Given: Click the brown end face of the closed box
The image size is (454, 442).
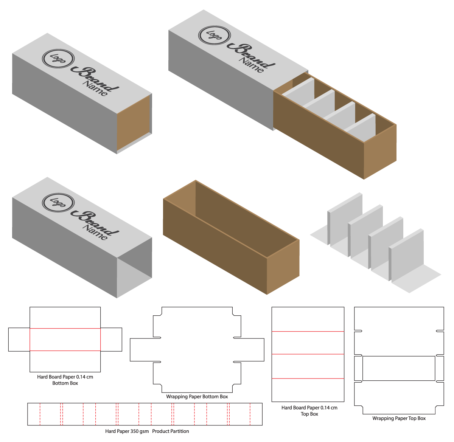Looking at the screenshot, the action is (133, 123).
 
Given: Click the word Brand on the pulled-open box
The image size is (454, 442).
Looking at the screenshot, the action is (251, 55).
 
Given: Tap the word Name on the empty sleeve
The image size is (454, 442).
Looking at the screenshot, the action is (95, 233).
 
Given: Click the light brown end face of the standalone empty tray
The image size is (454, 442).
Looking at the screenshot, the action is (283, 267).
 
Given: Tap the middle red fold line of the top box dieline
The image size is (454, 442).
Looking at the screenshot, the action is (308, 354).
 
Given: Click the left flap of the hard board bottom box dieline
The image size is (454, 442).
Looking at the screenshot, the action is (19, 340).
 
